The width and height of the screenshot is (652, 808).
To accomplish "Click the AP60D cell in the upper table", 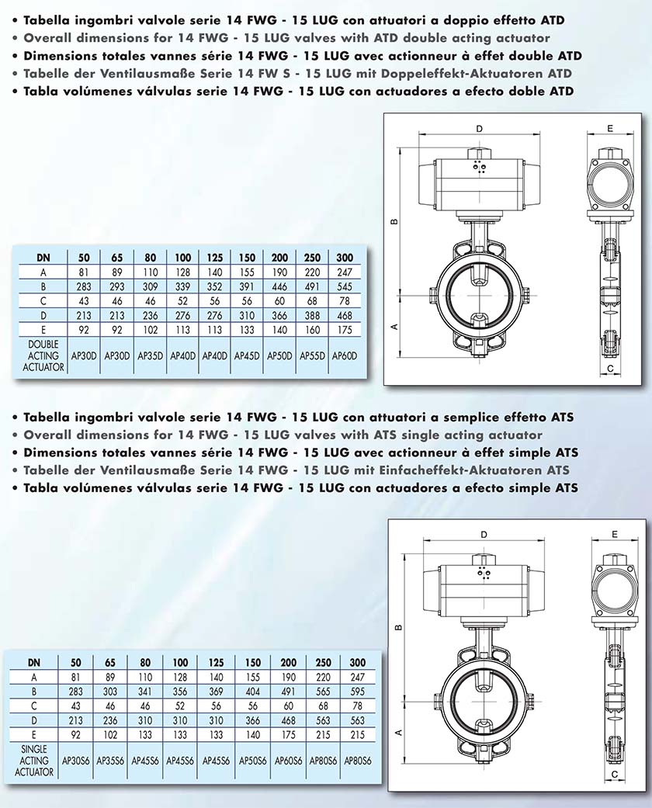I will coord(343,356).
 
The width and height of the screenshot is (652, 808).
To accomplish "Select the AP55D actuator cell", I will coord(310,356).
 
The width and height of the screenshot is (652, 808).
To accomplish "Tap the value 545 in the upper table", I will coord(343,286).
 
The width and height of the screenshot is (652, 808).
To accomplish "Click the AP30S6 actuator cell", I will coord(75,761).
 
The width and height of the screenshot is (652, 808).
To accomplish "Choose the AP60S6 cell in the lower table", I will coord(288,761).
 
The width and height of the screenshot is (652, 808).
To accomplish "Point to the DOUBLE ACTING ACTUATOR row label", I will coord(45,355).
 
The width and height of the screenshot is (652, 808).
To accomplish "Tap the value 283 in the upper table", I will coord(83,286).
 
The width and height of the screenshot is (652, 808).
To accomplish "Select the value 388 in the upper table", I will coord(310,316).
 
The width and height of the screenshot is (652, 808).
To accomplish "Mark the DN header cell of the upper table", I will coord(45,258).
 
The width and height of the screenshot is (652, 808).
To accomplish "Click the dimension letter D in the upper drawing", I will coord(479,128).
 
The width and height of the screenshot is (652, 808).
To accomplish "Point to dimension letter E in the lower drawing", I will coord(614,534).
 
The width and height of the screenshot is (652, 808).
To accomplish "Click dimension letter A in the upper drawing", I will coord(395,328).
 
